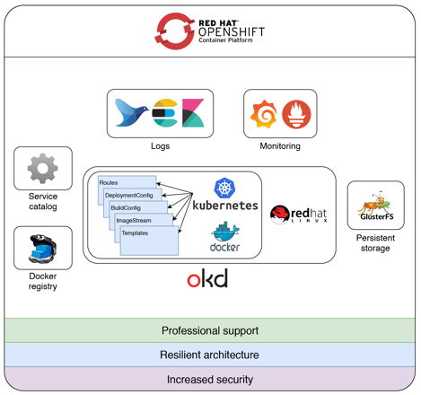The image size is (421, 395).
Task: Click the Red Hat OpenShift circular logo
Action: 175,31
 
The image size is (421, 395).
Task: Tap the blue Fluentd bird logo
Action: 131,112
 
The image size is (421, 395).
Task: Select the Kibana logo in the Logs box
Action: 193,113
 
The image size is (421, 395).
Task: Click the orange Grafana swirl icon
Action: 264,114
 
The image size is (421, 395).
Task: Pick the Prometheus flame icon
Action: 296,114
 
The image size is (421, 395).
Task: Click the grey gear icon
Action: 43,168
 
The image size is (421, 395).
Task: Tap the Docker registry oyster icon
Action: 43,249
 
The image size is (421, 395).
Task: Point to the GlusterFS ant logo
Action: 376,206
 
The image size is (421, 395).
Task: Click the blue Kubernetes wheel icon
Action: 224,188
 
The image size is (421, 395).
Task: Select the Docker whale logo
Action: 225,236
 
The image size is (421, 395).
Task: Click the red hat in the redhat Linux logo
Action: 280,215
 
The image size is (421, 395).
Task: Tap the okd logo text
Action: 207,278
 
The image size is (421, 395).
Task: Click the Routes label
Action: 109,182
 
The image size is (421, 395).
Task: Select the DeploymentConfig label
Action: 129,196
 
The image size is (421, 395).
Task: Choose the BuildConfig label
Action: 126,208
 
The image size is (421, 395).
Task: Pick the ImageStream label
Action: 134,221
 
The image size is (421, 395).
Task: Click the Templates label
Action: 135,233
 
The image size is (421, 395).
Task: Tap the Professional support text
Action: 210,330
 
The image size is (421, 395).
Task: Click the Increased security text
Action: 210,380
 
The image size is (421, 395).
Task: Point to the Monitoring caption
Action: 280,146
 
